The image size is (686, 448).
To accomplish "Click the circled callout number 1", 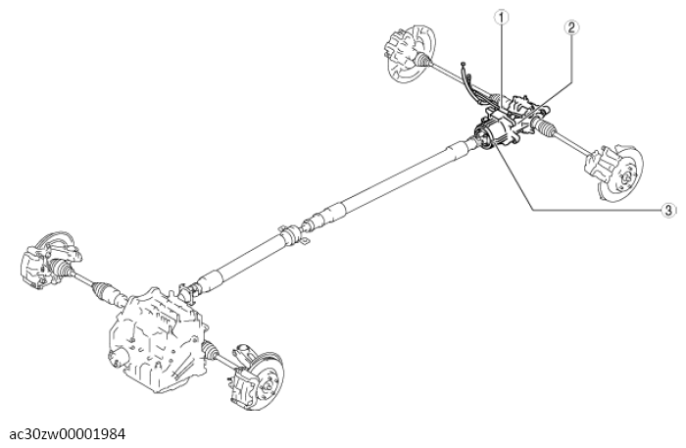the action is pos(502,18).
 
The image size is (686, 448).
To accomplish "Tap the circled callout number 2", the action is pos(571,27).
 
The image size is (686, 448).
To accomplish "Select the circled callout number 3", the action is pos(668,210).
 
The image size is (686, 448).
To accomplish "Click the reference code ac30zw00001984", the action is pos(68,434).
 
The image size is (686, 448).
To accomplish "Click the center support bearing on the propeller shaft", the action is pos(291,235).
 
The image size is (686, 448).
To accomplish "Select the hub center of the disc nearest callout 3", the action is pos(626,176).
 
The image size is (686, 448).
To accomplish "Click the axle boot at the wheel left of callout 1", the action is pos(423,60).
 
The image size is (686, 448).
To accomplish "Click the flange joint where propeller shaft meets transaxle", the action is pos(189,291).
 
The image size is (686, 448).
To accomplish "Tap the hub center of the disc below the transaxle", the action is pos(268,385).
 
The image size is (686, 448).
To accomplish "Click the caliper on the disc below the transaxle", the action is pos(243,385).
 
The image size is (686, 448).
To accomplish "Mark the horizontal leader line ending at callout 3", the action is pos(596,211).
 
